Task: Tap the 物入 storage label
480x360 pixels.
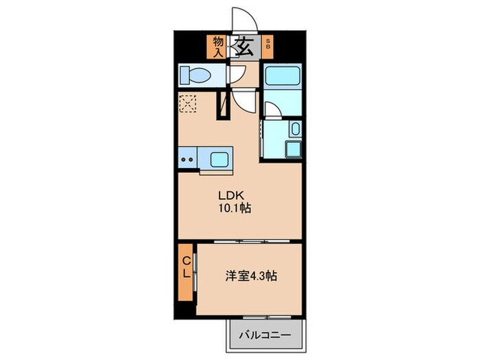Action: coord(218,46)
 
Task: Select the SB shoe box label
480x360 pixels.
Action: coord(268,46)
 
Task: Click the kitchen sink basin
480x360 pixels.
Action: coord(220,160)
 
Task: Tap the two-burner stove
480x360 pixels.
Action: coord(188,160)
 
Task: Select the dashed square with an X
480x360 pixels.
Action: coord(187,104)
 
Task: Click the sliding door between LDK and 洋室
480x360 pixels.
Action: coord(239,242)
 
